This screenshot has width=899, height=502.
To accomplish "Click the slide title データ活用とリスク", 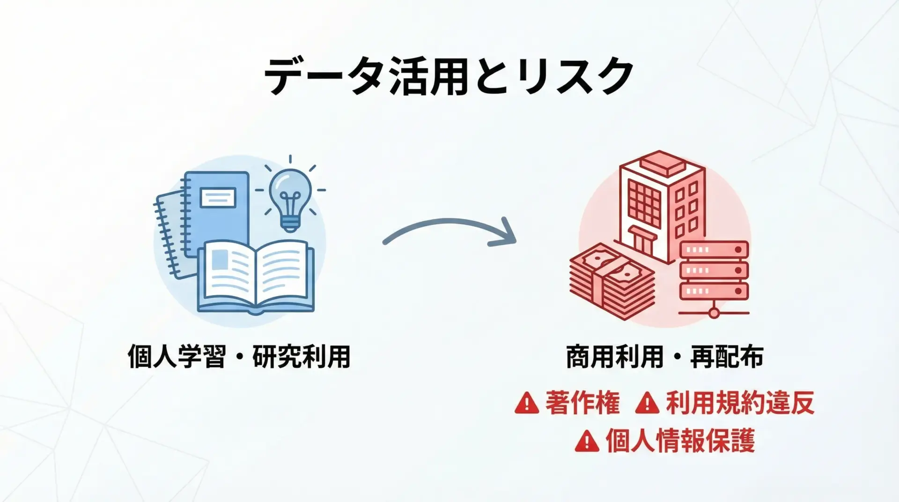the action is pyautogui.click(x=449, y=76).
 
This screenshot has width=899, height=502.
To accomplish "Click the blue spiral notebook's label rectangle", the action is pyautogui.click(x=218, y=197).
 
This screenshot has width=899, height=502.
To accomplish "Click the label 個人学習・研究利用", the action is pyautogui.click(x=239, y=357).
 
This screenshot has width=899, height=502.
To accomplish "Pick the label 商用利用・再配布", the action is pyautogui.click(x=665, y=357).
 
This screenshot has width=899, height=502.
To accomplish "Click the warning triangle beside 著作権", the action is pyautogui.click(x=527, y=403).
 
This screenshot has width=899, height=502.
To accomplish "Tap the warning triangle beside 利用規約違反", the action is pyautogui.click(x=647, y=403).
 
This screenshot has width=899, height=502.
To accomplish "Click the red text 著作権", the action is pyautogui.click(x=582, y=403).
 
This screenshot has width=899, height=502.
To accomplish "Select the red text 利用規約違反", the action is pyautogui.click(x=740, y=403).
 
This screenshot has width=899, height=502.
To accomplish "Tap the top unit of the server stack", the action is pyautogui.click(x=714, y=250).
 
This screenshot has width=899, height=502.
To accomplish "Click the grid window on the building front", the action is pyautogui.click(x=645, y=203).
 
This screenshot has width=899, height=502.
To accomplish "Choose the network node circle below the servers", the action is pyautogui.click(x=714, y=312).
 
